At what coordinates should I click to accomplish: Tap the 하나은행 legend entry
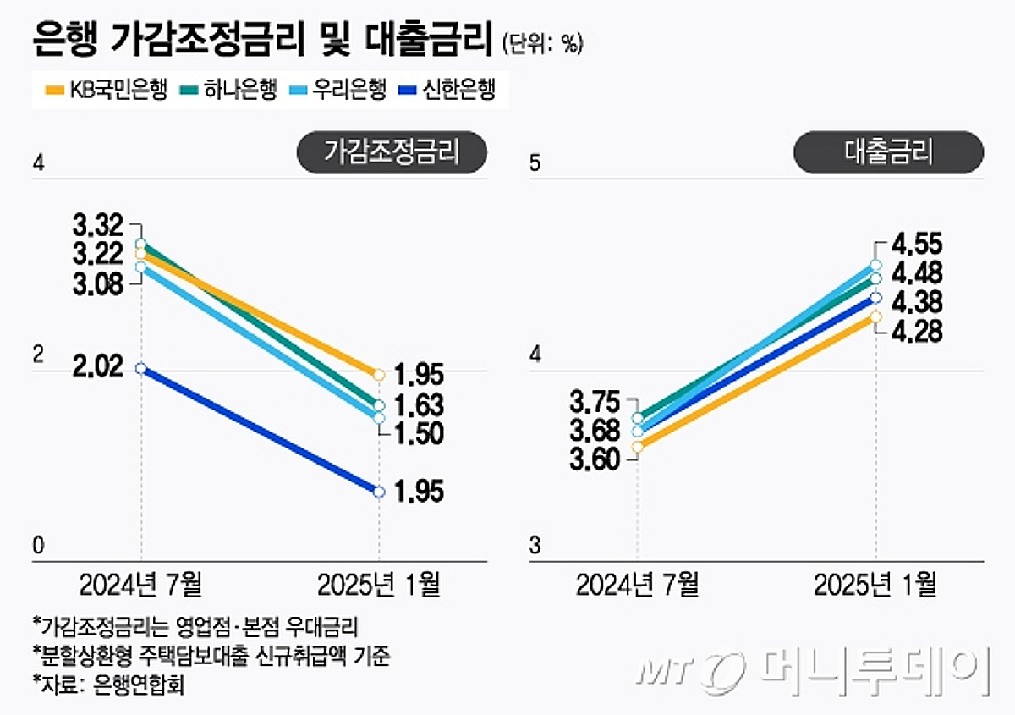point(228,89)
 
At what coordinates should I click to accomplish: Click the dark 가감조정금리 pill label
point(392,152)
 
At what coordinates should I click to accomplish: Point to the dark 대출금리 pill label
point(888,152)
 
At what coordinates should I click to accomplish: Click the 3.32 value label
point(98,226)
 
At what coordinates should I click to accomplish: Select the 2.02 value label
point(98,367)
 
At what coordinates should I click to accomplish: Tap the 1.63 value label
point(420,404)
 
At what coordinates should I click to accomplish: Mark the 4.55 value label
point(917,245)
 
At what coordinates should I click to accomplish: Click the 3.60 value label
point(595,459)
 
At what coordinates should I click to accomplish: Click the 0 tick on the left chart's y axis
point(38,547)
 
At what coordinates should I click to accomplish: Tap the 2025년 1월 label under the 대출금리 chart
point(875,584)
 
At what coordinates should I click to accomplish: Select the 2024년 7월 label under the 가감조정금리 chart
point(141,584)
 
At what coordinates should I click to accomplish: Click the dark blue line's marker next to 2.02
point(141,368)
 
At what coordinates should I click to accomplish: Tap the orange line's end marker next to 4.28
point(876,316)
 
